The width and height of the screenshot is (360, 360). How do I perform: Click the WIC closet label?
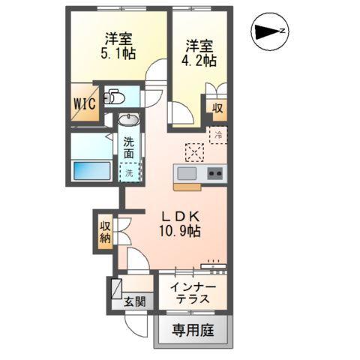pyautogui.click(x=84, y=105)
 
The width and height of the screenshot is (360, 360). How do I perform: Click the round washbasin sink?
pyautogui.click(x=129, y=120)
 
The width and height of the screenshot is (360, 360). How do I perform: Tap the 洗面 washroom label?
pyautogui.click(x=130, y=148)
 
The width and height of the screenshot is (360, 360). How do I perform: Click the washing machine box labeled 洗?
pyautogui.click(x=130, y=172)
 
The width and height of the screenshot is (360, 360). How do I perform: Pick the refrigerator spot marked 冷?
pyautogui.click(x=218, y=136)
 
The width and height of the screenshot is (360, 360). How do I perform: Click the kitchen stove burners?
pyautogui.click(x=215, y=173)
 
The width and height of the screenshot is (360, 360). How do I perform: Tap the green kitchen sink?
pyautogui.click(x=186, y=173)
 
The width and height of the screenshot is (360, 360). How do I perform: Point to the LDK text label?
pyautogui.click(x=178, y=213)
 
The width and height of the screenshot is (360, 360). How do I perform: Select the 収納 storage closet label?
pyautogui.click(x=104, y=232)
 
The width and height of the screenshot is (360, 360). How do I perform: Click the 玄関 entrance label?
pyautogui.click(x=139, y=301)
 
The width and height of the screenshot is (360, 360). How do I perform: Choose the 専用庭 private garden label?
pyautogui.click(x=193, y=330)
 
